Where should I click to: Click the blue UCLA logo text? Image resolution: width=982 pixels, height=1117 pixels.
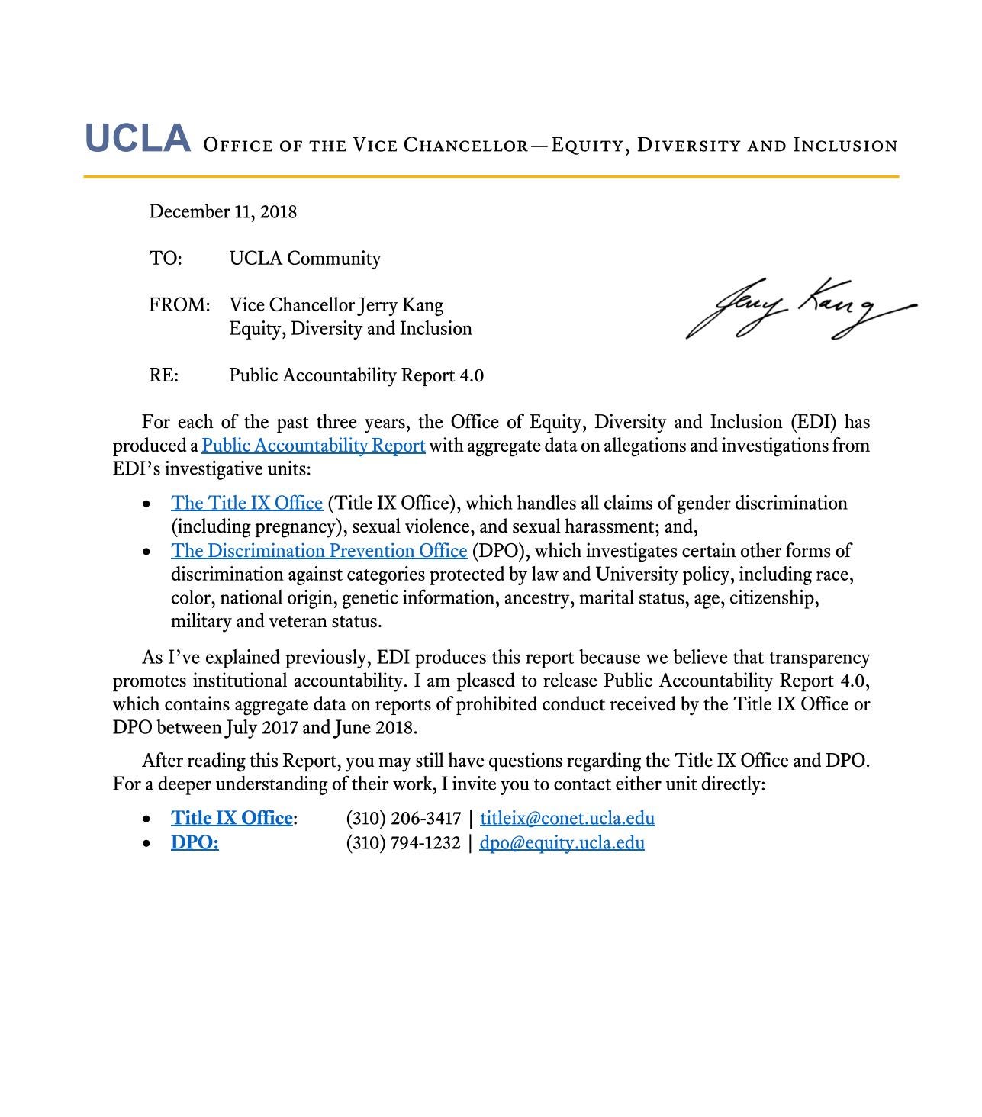point(137,139)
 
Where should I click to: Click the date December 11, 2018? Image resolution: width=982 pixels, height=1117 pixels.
point(223,211)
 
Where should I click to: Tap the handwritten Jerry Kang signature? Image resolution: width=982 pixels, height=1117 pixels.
point(797,309)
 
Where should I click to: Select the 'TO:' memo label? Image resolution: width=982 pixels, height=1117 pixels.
point(166,259)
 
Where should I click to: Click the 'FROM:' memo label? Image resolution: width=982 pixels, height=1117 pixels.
point(179,305)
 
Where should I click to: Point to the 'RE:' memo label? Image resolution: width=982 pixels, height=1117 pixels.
point(164,375)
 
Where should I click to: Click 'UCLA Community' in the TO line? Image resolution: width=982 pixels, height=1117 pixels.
point(304,259)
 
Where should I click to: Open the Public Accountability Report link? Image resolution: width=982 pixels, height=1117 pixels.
point(313,446)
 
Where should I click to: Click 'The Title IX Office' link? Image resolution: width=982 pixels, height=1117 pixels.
point(246,504)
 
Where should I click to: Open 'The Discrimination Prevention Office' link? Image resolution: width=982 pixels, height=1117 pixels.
point(318,551)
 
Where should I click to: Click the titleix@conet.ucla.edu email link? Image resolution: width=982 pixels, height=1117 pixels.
point(567,819)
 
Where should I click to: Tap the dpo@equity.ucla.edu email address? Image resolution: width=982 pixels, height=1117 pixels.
point(562,843)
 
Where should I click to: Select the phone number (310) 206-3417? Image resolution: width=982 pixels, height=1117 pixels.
point(403,819)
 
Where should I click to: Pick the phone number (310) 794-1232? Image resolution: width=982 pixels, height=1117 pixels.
point(403,843)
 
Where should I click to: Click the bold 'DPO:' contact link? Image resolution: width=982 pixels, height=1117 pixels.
point(195,843)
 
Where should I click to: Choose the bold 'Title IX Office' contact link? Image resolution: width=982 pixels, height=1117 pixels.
point(231,819)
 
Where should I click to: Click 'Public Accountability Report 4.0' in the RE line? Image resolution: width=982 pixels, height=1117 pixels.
point(356,375)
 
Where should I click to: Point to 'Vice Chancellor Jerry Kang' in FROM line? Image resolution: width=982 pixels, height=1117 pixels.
point(336,305)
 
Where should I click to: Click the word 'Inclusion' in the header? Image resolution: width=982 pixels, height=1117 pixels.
point(845,145)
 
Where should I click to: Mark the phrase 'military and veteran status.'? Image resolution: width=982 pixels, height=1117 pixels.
point(276,621)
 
